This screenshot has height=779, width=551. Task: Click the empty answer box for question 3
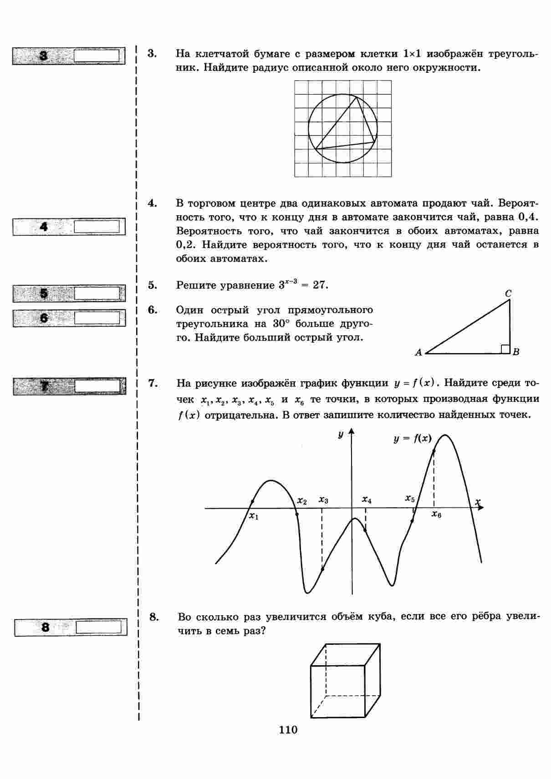(x=96, y=56)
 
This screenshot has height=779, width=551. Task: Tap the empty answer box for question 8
(x=99, y=627)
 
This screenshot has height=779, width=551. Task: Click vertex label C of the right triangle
(x=508, y=294)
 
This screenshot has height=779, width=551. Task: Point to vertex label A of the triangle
(x=418, y=352)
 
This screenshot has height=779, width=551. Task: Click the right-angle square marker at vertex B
(x=505, y=349)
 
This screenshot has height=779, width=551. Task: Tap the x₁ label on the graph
(x=254, y=516)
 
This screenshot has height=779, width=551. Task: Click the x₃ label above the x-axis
(x=323, y=500)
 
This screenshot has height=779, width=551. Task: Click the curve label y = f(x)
(x=412, y=439)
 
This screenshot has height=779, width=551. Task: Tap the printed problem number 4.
(x=152, y=203)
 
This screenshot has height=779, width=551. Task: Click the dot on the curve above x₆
(x=434, y=451)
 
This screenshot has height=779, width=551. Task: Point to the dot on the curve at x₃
(x=322, y=569)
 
